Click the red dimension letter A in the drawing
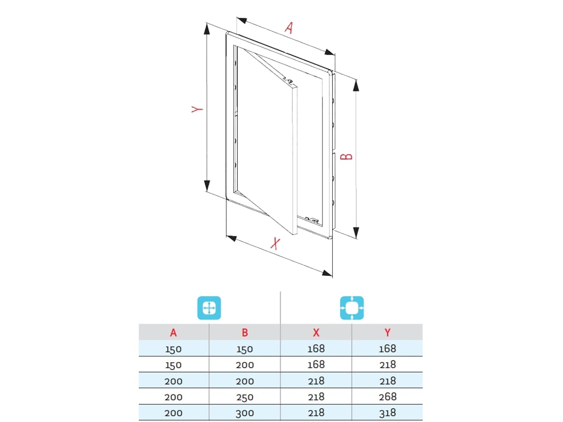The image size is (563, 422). (289, 28)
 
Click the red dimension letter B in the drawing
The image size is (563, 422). (347, 156)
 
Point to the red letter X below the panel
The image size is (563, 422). (275, 243)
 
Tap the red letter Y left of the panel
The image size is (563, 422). (197, 109)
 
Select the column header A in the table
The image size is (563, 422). (173, 333)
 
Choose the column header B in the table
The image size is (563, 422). (245, 333)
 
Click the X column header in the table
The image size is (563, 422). (316, 333)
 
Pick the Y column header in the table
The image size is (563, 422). (387, 333)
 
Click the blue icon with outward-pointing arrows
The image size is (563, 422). (209, 308)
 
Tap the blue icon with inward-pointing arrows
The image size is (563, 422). (352, 308)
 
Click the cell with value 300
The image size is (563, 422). (245, 413)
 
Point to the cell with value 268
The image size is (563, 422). (387, 397)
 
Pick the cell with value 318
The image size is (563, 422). (387, 413)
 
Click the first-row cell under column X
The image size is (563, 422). (316, 348)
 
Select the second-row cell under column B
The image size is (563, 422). (245, 365)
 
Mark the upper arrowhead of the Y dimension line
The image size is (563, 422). (207, 29)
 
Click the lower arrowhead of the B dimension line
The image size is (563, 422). (356, 232)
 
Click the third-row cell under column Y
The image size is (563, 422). (387, 381)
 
